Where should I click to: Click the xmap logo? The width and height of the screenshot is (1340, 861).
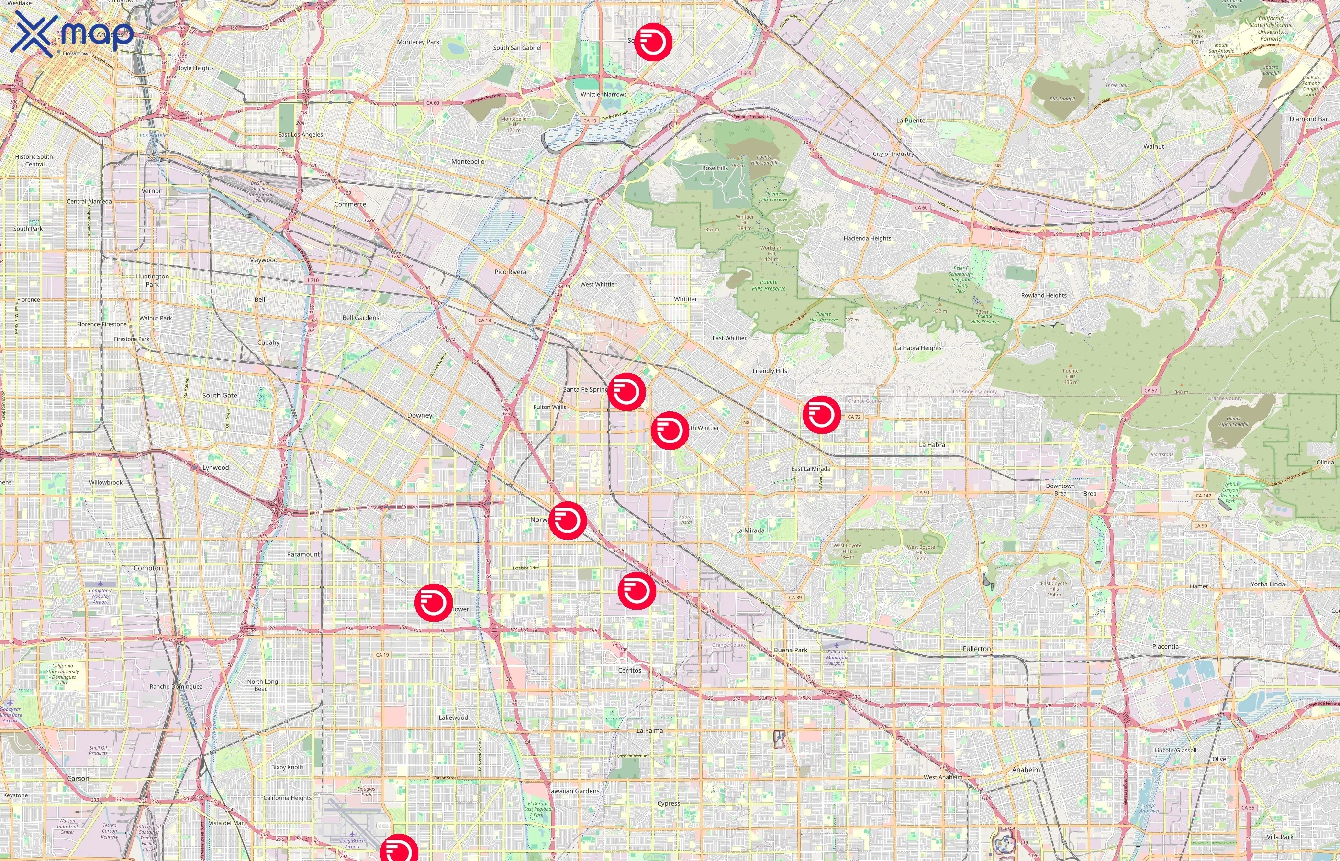pos(72,33)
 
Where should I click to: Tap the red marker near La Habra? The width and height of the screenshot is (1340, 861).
pos(821,414)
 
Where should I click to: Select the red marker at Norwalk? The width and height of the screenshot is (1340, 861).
pos(568,520)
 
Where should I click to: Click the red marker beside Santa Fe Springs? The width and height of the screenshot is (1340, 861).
pos(626,392)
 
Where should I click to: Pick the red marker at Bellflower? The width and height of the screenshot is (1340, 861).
pos(434,602)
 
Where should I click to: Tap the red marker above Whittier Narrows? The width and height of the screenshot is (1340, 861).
pos(653,42)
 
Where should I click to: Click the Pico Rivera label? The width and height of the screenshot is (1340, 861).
pos(510,272)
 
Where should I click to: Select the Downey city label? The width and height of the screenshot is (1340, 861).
pos(419,415)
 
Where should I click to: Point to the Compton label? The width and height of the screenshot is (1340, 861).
pos(148,568)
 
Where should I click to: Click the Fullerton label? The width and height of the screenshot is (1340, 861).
pos(976,649)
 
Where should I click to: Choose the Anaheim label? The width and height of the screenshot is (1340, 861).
pos(1026,770)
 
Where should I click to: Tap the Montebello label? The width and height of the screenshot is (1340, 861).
pos(468,162)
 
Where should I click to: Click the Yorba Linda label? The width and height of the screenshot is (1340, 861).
pos(1268,584)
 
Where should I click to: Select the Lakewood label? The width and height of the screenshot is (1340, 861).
pos(453,717)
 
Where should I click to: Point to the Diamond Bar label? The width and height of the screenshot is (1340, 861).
pos(1308,119)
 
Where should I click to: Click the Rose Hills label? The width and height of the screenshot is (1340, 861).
pos(715,168)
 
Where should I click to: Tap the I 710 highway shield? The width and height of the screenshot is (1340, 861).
pos(313,280)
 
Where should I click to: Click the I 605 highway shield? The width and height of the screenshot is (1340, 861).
pos(746,73)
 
